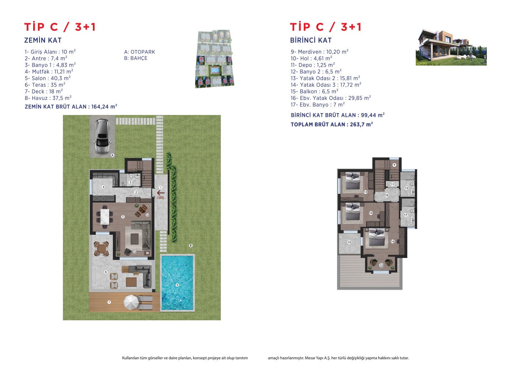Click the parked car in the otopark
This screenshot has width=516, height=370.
pyautogui.click(x=102, y=137)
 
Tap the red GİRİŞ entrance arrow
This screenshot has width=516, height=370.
pyautogui.click(x=161, y=193)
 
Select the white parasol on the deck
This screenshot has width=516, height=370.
pyautogui.click(x=131, y=302)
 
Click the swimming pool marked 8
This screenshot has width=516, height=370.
pyautogui.click(x=177, y=283)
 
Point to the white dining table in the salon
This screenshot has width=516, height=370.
pyautogui.click(x=105, y=216)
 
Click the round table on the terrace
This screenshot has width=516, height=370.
pyautogui.click(x=101, y=249)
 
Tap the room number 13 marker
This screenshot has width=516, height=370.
pyautogui.click(x=365, y=192)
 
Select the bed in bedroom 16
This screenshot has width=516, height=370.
pyautogui.click(x=377, y=237)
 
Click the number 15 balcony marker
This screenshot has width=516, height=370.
pyautogui.click(x=349, y=242)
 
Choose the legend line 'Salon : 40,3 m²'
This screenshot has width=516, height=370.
pyautogui.click(x=48, y=78)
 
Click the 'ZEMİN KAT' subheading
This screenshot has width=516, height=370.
pyautogui.click(x=43, y=40)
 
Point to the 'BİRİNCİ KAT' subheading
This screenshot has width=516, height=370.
pyautogui.click(x=311, y=40)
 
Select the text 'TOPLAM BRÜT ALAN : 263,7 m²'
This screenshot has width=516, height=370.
pyautogui.click(x=332, y=125)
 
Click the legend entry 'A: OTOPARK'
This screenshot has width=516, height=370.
pyautogui.click(x=139, y=52)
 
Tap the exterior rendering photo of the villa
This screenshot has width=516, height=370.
pyautogui.click(x=451, y=47)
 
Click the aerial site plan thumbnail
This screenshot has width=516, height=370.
pyautogui.click(x=215, y=59)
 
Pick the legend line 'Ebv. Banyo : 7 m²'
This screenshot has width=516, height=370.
pyautogui.click(x=318, y=105)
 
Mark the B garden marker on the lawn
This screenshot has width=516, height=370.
pyautogui.click(x=191, y=245)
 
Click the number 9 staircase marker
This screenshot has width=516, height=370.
pyautogui.click(x=394, y=165)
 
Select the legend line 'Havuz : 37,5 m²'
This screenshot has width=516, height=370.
pyautogui.click(x=48, y=98)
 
